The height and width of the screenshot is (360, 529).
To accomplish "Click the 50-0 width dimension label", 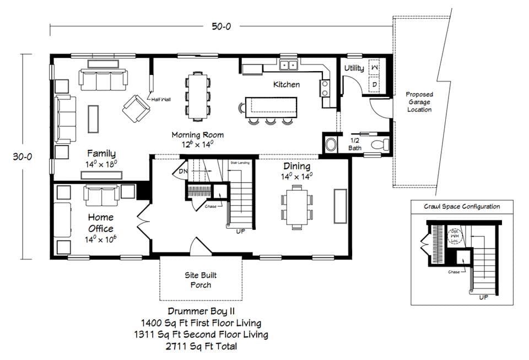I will click(x=220, y=26).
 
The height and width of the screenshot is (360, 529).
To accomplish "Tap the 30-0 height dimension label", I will click(x=24, y=156).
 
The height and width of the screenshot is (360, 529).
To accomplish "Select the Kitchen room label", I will click(x=287, y=84).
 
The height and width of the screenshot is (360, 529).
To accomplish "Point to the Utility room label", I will click(x=354, y=68).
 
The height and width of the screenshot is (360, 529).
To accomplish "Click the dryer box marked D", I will click(x=374, y=84).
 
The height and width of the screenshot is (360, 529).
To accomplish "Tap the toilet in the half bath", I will click(x=379, y=145).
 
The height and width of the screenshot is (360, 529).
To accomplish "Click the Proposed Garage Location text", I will click(x=419, y=102).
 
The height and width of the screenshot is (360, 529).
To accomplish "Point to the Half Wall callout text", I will click(x=161, y=99).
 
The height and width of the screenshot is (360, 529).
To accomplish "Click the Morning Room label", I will click(x=197, y=135).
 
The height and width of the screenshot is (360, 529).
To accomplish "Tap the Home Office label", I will click(x=100, y=223).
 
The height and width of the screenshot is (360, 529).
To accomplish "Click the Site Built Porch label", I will click(x=201, y=280).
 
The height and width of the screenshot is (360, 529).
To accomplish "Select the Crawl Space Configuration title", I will click(x=462, y=207).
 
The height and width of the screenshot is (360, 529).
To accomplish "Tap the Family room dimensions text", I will click(x=101, y=164).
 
